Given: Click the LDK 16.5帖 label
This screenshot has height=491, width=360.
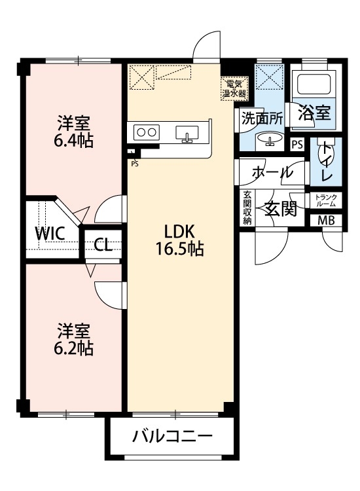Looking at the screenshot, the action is (180, 240).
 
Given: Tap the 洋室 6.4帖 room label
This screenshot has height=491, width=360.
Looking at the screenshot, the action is (73, 132).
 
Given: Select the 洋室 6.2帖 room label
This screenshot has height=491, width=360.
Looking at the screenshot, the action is (73, 340).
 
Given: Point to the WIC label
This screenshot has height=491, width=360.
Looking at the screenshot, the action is (50, 233).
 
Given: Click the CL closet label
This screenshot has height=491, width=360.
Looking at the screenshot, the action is (103, 245).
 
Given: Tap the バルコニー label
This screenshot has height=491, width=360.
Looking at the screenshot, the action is (172, 436).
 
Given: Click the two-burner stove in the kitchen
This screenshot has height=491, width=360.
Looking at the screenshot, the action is (147, 132).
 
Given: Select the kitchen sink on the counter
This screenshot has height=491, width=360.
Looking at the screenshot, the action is (187, 134).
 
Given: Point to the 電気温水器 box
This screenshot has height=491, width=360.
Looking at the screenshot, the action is (234, 88).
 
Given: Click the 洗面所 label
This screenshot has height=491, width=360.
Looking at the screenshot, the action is (262, 118).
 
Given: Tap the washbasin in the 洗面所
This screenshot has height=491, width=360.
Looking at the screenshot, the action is (269, 139).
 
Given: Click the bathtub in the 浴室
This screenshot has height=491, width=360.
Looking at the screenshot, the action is (314, 82).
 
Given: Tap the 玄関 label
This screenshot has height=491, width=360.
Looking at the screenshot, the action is (281, 209).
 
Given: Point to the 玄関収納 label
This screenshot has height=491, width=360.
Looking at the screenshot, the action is (247, 208).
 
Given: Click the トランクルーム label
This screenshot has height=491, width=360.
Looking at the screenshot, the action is (326, 200).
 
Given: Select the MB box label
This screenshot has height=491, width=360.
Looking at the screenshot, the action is (326, 221).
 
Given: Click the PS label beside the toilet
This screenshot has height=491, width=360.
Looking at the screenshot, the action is (297, 145).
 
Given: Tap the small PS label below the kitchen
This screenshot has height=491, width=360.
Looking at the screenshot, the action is (135, 163).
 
